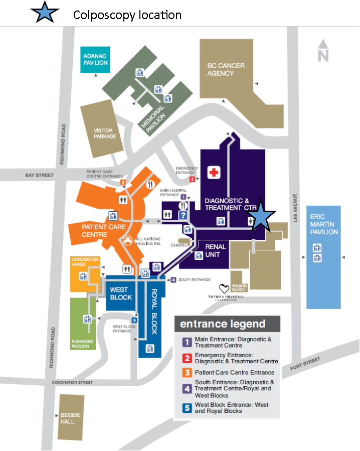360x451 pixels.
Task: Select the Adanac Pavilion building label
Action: pyautogui.click(x=95, y=59)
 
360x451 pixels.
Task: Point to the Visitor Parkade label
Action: pyautogui.click(x=105, y=133)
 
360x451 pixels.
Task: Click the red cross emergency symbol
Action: pyautogui.click(x=214, y=173)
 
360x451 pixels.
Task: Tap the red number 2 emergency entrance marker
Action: pyautogui.click(x=192, y=179)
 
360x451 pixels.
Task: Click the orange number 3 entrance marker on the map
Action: pyautogui.click(x=123, y=182)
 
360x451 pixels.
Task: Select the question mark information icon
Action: pyautogui.click(x=184, y=215)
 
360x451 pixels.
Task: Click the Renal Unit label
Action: pyautogui.click(x=216, y=250)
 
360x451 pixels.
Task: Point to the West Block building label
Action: pyautogui.click(x=121, y=293)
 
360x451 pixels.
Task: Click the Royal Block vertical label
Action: pyautogui.click(x=155, y=312)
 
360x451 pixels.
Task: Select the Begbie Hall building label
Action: pyautogui.click(x=67, y=418)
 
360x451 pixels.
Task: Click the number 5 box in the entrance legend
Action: pyautogui.click(x=187, y=408)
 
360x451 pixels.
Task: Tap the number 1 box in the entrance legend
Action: pyautogui.click(x=187, y=342)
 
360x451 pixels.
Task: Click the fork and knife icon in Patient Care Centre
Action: pyautogui.click(x=149, y=184)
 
